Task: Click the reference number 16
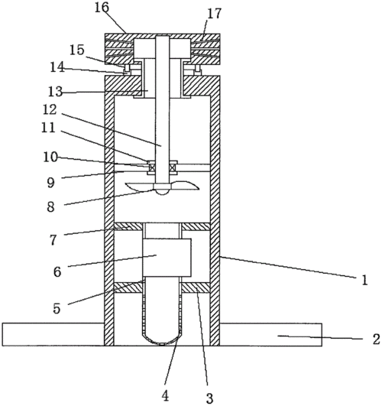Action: [x=102, y=7]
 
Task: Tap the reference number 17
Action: [x=214, y=14]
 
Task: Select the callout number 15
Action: [x=77, y=50]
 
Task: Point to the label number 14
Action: [x=57, y=67]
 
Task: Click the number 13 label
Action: [x=55, y=92]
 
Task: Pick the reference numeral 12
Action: [x=50, y=109]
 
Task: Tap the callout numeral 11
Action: [x=48, y=128]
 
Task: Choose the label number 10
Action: [x=50, y=157]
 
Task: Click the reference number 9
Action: [x=50, y=183]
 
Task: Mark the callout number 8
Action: [x=50, y=207]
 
